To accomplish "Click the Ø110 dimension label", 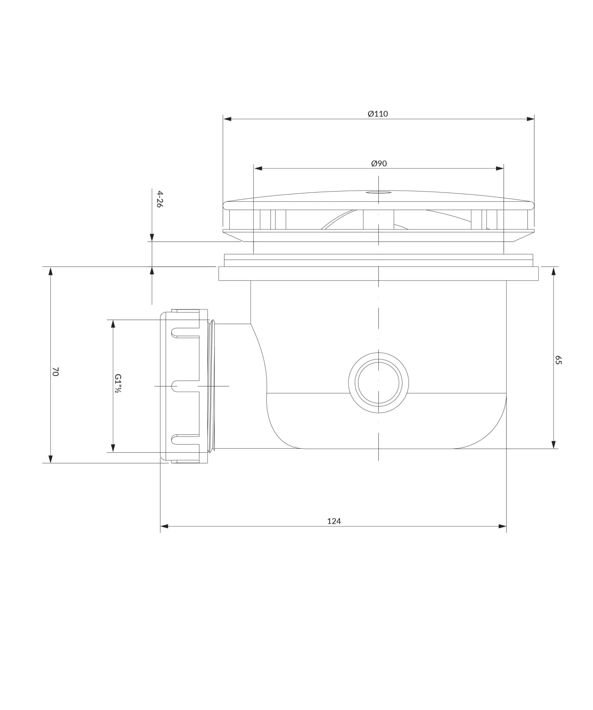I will coord(378,114).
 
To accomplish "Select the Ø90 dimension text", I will coord(379,163).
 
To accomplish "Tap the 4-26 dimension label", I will coord(159,199).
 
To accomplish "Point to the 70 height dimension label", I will coord(56,371).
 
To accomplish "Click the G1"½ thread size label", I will coord(117,383).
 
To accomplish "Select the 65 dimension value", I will coord(558,360).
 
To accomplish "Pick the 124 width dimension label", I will coord(334,521).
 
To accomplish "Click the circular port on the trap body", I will coord(378,383).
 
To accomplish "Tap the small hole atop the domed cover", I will coord(378,193).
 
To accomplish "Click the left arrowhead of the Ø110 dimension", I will coord(227,119).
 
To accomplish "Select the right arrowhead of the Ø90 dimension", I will coord(500,168).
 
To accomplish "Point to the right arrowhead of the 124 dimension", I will coord(502,526).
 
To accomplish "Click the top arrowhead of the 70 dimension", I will coord(50,271).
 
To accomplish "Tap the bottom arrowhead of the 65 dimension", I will coord(553,444).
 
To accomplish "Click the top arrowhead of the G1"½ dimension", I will coord(113,324).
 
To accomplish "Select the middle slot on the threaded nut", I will coord(185,386).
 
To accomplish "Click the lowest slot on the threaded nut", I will coord(185,438).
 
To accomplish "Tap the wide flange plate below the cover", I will coord(378,274).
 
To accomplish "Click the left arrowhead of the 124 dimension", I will coord(164,526).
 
